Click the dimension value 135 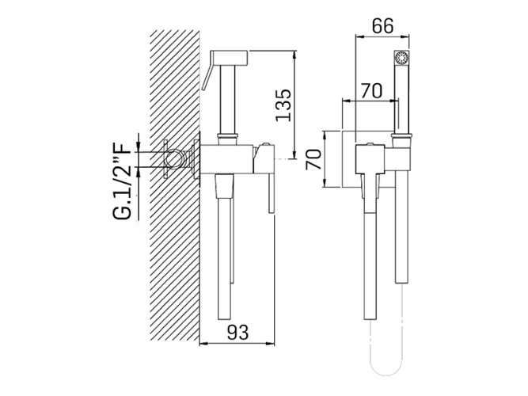coord(283,105)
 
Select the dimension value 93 coord(237,333)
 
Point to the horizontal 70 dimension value coord(372,90)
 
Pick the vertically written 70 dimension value coord(313,158)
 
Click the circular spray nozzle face coord(401,58)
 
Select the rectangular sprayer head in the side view coord(229,58)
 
